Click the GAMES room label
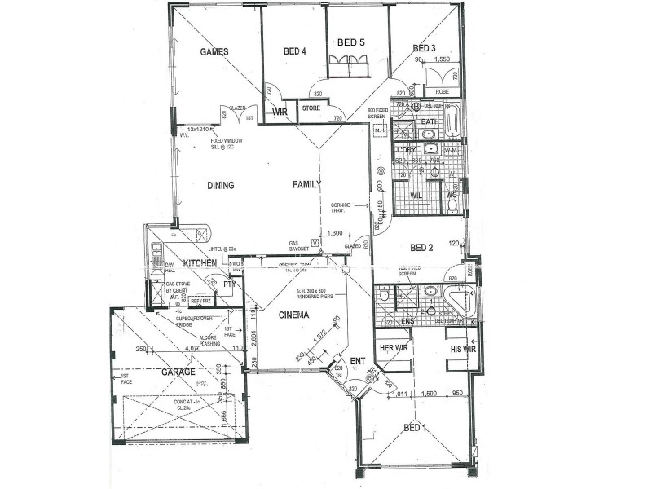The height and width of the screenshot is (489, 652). (x=214, y=52)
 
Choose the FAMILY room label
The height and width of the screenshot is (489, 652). (x=308, y=185)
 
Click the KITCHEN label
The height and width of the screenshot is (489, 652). (x=200, y=263)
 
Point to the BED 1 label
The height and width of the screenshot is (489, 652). (x=416, y=427)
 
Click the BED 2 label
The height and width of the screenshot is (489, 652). (x=421, y=248)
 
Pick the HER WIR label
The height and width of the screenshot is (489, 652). (x=394, y=349)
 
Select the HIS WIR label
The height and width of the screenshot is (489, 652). (x=463, y=350)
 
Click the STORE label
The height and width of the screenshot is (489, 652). (x=311, y=108)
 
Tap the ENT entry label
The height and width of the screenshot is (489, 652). (x=358, y=360)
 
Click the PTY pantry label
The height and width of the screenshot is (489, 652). (x=230, y=284)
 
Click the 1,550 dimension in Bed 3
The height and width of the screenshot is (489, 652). (x=443, y=59)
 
